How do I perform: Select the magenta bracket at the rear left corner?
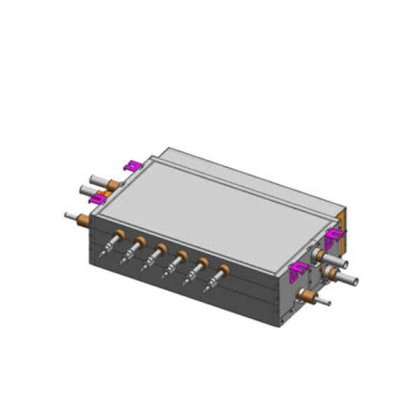[x=131, y=165]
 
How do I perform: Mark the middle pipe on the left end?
[x=90, y=190]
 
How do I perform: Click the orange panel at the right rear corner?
[x=341, y=223]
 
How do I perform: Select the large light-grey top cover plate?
[x=210, y=210]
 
